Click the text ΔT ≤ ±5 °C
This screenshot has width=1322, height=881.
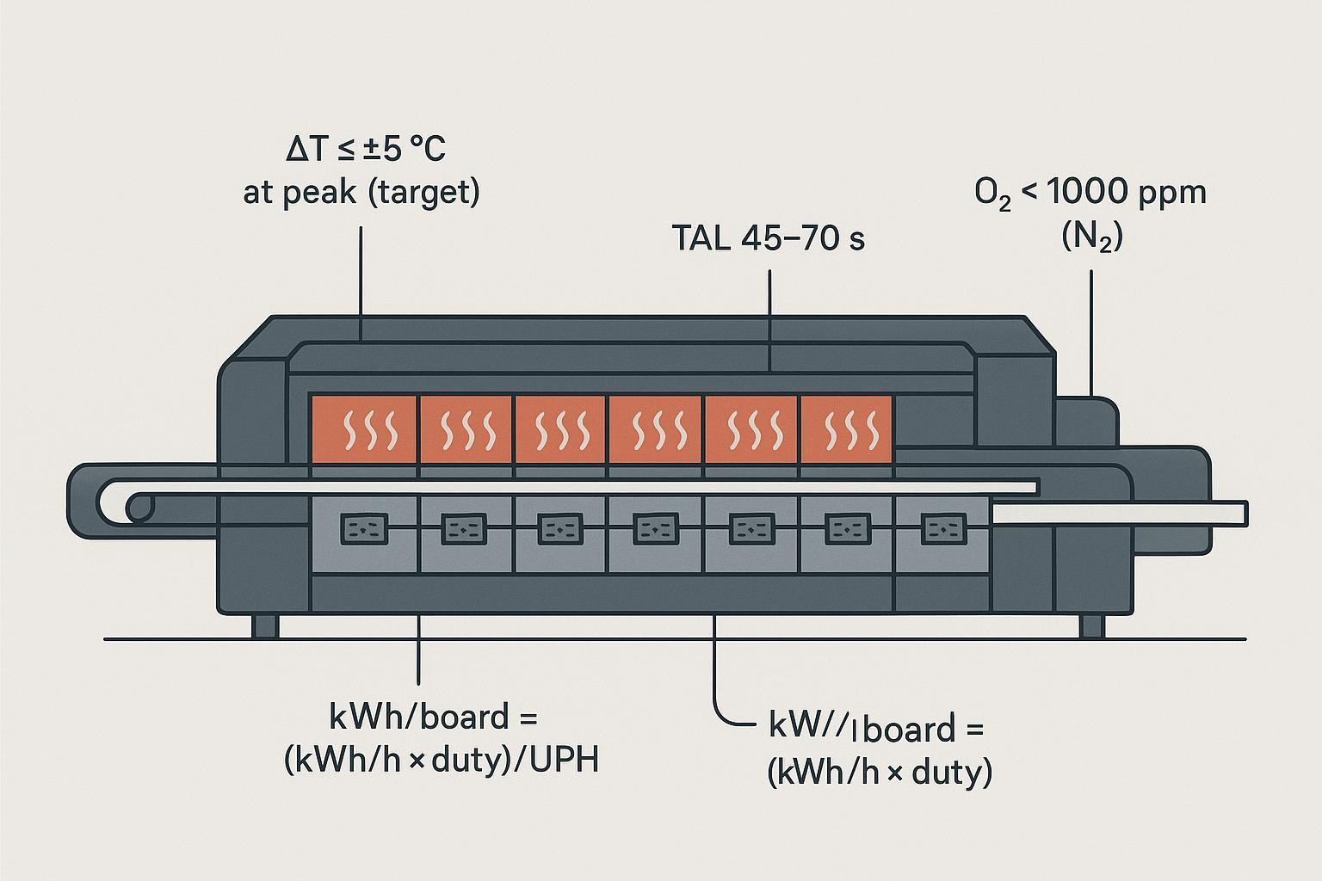[365, 151]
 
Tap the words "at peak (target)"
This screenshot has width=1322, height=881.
[361, 192]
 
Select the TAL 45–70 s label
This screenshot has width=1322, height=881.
[768, 238]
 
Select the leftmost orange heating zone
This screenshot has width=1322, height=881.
[365, 428]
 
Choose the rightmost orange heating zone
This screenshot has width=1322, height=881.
[847, 428]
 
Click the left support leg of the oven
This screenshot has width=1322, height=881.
[265, 625]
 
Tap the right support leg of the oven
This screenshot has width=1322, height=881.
[1092, 625]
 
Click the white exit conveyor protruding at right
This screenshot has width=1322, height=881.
[1119, 514]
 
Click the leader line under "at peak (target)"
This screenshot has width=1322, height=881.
[361, 275]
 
